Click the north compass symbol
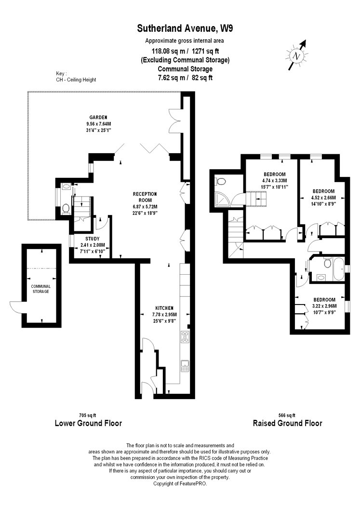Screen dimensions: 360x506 point(296,55)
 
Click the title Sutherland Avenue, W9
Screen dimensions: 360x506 point(185,28)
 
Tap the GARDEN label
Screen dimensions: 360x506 point(98,118)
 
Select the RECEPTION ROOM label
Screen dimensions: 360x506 point(145,197)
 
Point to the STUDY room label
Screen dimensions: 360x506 point(92,239)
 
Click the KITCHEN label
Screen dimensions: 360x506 point(164,308)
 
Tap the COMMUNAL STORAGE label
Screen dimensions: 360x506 point(40,289)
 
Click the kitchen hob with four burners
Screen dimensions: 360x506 point(185,337)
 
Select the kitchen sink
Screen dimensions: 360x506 point(185,366)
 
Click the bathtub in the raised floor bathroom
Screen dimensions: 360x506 point(339,269)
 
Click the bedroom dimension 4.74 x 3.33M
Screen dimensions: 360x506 point(275,181)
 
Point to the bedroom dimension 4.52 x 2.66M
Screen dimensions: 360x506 point(323,198)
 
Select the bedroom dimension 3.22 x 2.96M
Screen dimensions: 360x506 point(324,306)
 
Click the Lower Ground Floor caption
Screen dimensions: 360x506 point(88,423)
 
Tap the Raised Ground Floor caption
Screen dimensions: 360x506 point(287,423)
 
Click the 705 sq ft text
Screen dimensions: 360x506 point(87,415)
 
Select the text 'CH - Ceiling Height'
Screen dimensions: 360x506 point(76,80)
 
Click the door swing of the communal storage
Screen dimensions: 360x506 point(15,307)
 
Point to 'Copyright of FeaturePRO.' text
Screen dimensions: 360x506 point(180,484)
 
